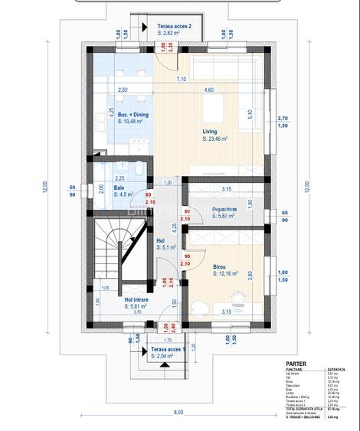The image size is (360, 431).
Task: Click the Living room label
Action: (x=210, y=131)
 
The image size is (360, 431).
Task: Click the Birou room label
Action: (x=221, y=266)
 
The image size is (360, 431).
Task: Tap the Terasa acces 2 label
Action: (x=175, y=26)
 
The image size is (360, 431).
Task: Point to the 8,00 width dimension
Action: (x=179, y=413)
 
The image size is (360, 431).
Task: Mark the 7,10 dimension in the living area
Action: (x=181, y=78)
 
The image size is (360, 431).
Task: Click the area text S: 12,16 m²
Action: (x=225, y=273)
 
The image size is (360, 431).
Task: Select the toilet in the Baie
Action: (x=133, y=170)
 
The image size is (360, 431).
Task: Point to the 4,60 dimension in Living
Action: (x=208, y=91)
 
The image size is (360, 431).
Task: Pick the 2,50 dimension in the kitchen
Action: (x=123, y=91)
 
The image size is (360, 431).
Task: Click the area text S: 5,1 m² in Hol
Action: (x=167, y=248)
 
